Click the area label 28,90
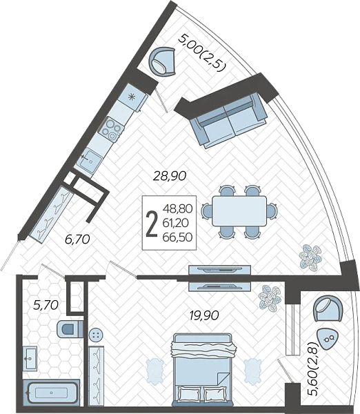(170, 176)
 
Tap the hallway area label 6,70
(77, 239)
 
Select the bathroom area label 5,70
(46, 305)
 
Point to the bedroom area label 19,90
(204, 315)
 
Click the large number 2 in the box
(152, 224)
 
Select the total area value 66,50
(177, 237)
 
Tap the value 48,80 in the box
(177, 208)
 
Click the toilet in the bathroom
(70, 328)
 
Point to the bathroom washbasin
(30, 358)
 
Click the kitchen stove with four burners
(111, 128)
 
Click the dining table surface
(239, 210)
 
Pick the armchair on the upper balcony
(163, 62)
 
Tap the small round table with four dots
(96, 335)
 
